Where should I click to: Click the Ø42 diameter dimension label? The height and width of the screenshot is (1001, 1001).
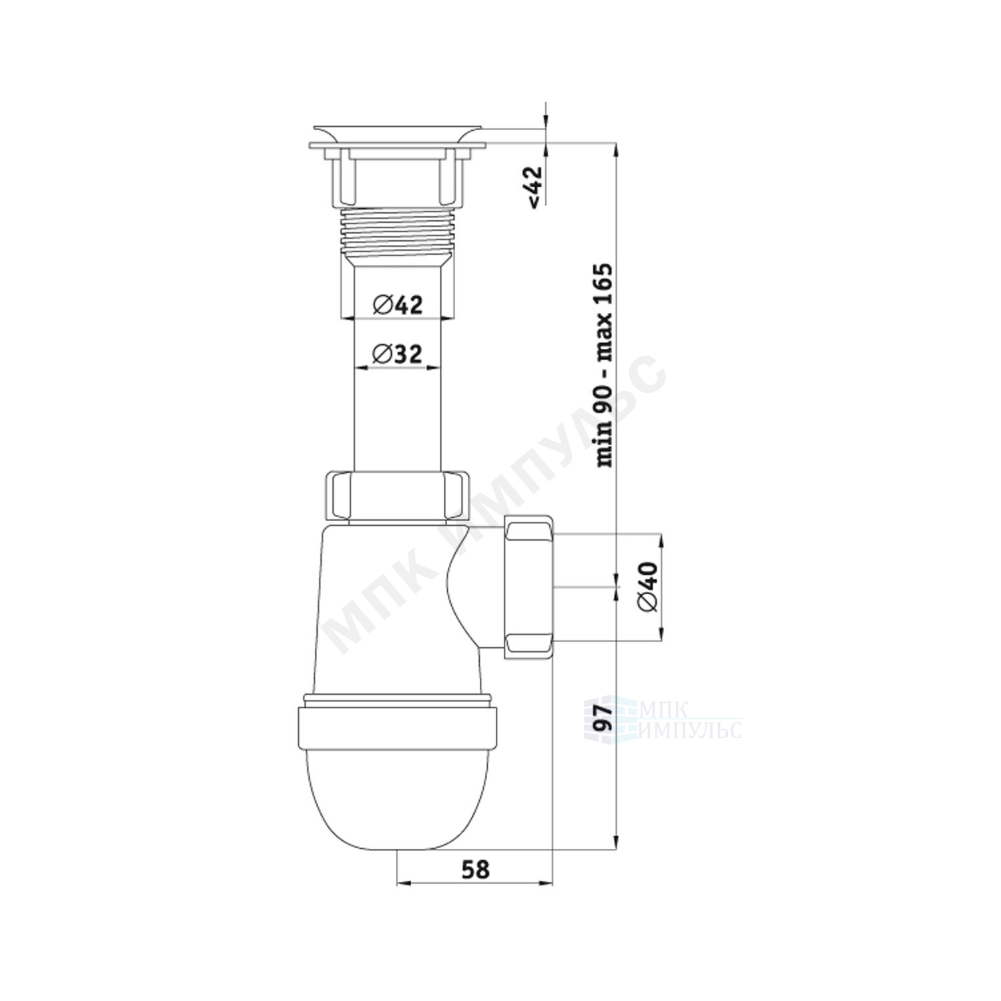click(x=398, y=305)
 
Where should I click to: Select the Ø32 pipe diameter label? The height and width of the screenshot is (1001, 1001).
click(x=398, y=354)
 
